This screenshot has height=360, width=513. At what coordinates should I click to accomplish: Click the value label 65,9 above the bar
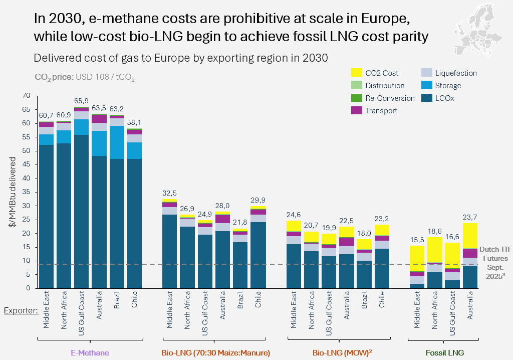coord(81,101)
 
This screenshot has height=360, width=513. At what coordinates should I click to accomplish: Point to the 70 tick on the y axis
coord(27,95)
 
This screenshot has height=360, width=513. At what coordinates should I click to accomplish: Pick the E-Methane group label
coord(90,353)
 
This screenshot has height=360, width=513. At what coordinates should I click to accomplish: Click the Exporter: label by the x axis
coord(21,310)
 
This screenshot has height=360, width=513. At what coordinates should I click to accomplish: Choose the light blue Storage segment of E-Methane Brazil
coord(117,142)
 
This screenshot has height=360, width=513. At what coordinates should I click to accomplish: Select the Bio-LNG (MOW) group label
coord(342,353)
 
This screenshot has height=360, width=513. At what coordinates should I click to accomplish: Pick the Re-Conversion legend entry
coord(390,98)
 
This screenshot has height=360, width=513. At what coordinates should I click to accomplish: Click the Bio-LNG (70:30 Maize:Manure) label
coord(215,353)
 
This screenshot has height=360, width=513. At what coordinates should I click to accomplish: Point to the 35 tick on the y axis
coord(27,192)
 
